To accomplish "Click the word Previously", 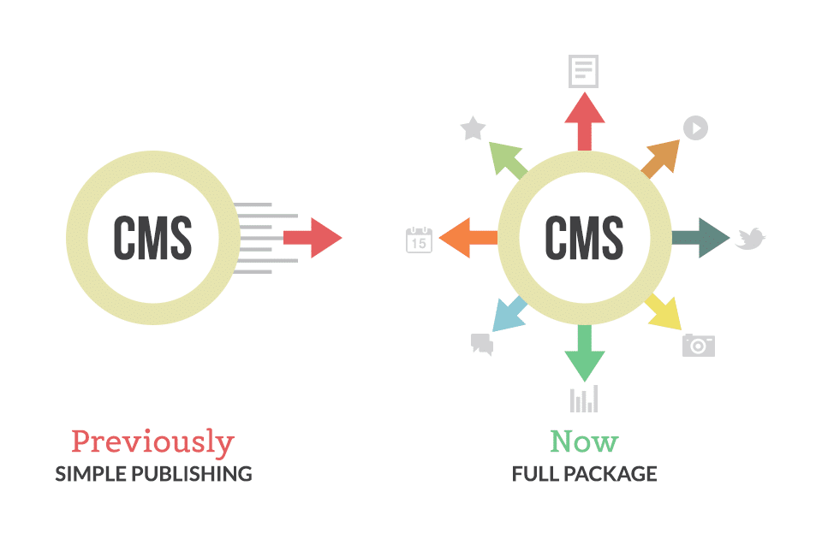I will (152, 442).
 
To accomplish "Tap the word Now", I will (584, 441).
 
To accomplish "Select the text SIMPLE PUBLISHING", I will (153, 473).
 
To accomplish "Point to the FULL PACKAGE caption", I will (584, 473).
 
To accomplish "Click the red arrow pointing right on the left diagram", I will (313, 238).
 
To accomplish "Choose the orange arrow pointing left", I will (468, 237).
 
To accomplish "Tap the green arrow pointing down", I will (585, 354).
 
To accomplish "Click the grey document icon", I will (584, 72).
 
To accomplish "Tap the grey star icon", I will (473, 129).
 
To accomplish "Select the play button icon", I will (695, 128).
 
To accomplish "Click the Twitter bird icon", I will (749, 239).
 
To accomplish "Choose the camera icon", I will (699, 345).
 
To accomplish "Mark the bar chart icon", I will (584, 399).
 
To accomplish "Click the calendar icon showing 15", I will (419, 240).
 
